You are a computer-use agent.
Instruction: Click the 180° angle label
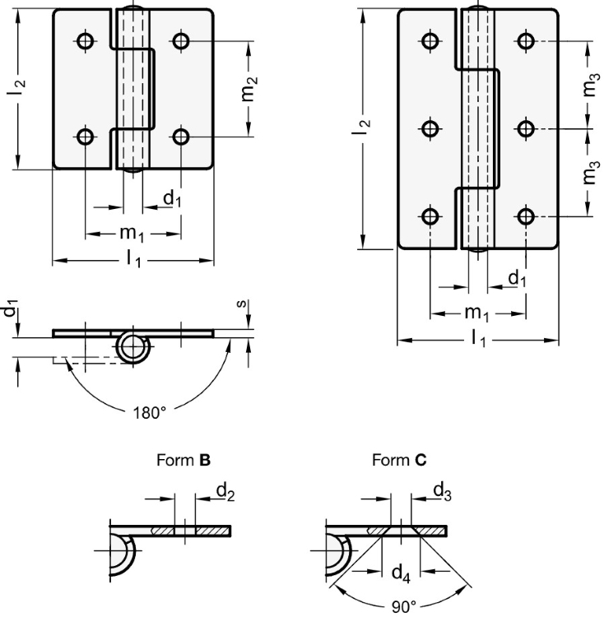[x=150, y=412]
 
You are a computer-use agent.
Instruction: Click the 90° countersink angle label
[x=403, y=606]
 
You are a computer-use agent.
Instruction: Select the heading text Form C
[x=399, y=461]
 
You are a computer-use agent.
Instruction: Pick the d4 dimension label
[x=401, y=569]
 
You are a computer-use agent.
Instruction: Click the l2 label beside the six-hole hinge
[x=363, y=128]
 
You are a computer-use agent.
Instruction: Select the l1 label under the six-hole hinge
[x=478, y=337]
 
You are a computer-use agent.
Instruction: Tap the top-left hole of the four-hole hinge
[x=86, y=40]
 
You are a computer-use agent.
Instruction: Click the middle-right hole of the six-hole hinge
[x=527, y=128]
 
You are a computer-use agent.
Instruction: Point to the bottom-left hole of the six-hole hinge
[x=430, y=216]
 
